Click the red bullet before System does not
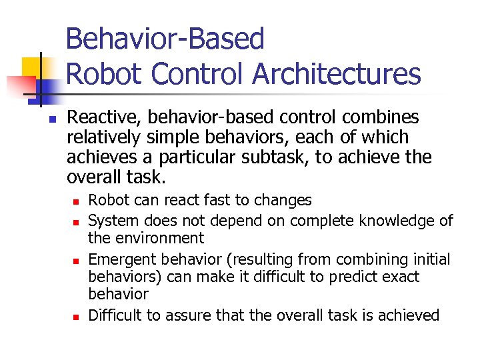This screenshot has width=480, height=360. coord(77,221)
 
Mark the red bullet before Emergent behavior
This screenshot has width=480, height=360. coord(77,259)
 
